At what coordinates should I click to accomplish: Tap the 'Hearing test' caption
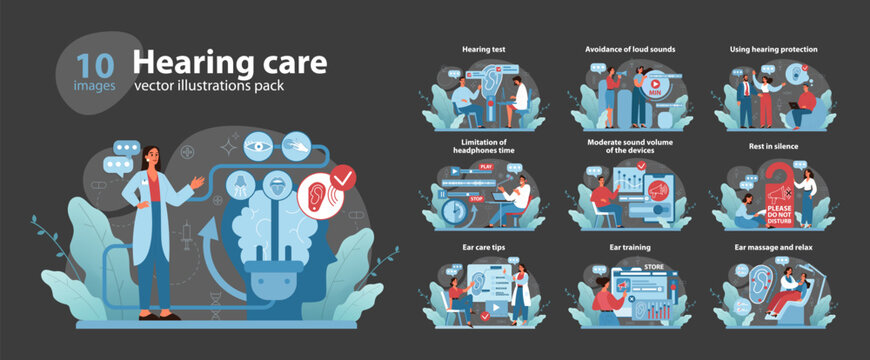coord(483,48)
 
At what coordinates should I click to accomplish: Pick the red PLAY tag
coord(487,166)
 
